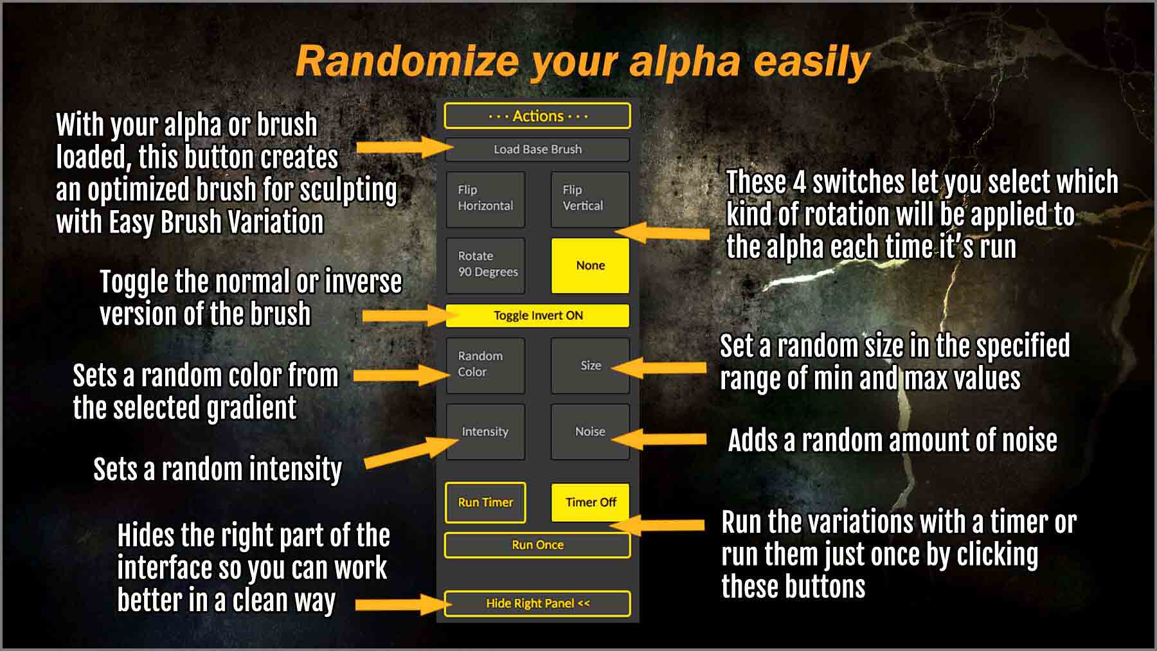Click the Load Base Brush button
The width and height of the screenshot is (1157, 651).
tap(537, 149)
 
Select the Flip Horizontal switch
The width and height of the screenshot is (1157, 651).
tap(485, 199)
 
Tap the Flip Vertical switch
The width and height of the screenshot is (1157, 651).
tap(590, 199)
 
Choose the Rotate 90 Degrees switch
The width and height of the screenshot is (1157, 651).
tap(485, 265)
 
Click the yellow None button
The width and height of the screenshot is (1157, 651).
tap(590, 265)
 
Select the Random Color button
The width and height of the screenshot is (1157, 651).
tap(485, 365)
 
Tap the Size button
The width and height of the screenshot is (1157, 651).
tap(590, 365)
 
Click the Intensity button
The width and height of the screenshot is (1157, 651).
tap(485, 431)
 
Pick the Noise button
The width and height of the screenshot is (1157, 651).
tap(590, 431)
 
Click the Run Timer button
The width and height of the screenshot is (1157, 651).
tap(485, 502)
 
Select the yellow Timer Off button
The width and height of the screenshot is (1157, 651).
tap(590, 502)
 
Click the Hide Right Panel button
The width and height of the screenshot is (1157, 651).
tap(537, 603)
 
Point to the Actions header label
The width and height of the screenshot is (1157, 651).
tap(537, 116)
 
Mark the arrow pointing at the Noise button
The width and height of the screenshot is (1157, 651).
tap(658, 439)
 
